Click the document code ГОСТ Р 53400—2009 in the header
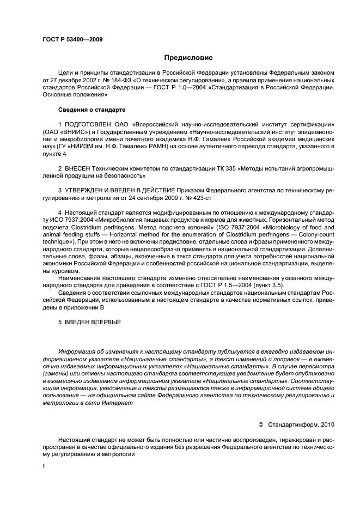pos(72,39)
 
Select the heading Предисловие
pos(188,57)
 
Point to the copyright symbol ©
pos(260,423)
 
